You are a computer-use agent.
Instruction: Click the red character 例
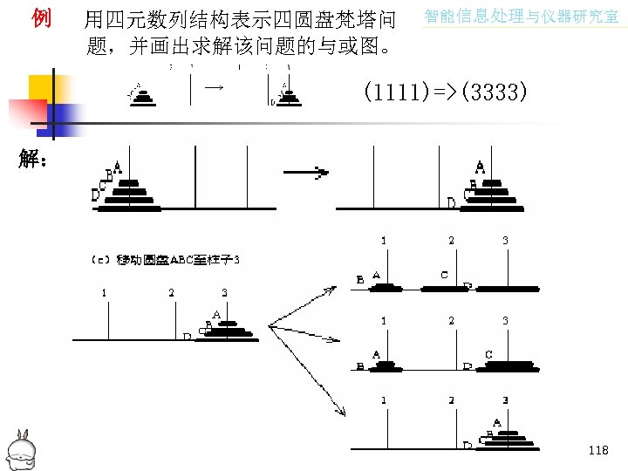pos(40,17)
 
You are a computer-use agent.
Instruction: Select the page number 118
pos(598,450)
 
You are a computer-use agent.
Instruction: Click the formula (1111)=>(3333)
pos(444,92)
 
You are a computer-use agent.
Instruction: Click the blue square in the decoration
pos(68,116)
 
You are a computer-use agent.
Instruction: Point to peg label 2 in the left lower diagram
pos(171,293)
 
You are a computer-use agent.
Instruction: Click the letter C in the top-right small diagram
pos(445,275)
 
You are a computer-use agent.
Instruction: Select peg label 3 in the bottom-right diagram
pos(505,399)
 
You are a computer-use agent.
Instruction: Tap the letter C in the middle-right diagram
pos(488,355)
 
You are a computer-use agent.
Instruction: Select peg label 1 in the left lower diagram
pos(104,293)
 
